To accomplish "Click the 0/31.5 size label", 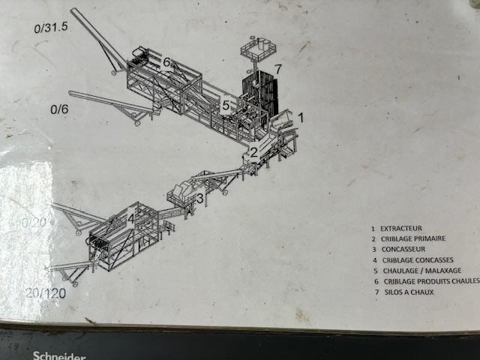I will point(51,29).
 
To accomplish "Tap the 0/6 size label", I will point(59,109).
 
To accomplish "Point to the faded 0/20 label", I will point(34,223).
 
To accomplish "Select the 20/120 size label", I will point(45,292).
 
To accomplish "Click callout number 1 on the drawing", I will point(301,117).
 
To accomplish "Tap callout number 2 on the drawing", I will point(254,153).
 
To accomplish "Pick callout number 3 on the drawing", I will point(199,198).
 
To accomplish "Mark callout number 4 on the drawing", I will point(130,219).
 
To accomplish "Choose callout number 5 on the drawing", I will point(225,106).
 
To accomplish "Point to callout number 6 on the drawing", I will point(166,61).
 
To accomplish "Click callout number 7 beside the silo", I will point(277,69).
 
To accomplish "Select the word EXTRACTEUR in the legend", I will point(401,228).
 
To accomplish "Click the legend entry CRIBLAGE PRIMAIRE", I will point(412,238).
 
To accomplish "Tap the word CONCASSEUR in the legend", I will point(404,249).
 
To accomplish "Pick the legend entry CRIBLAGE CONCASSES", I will point(416,259).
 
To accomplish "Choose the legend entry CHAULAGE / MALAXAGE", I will point(420,270).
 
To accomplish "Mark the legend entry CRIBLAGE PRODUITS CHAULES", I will point(427,281).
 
